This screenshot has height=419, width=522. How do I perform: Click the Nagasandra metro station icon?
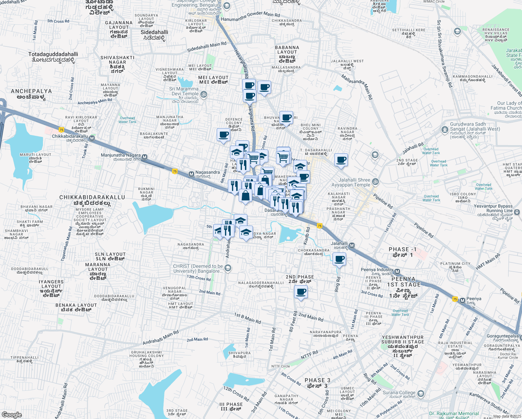pyautogui.click(x=191, y=174)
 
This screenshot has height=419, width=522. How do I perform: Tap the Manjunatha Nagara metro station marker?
pyautogui.click(x=144, y=157)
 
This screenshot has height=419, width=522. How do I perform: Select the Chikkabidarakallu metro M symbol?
pyautogui.click(x=92, y=138)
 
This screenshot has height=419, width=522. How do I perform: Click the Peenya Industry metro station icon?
pyautogui.click(x=397, y=271)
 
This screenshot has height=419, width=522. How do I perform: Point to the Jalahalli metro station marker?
pyautogui.click(x=352, y=245)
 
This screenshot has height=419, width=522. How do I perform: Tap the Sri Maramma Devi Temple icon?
pyautogui.click(x=204, y=94)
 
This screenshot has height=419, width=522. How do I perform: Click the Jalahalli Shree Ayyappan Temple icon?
pyautogui.click(x=375, y=182)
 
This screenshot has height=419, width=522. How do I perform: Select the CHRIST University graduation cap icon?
pyautogui.click(x=228, y=268)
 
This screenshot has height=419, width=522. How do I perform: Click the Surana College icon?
pyautogui.click(x=420, y=394)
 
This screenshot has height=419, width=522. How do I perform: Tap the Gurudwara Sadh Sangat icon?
pyautogui.click(x=445, y=130)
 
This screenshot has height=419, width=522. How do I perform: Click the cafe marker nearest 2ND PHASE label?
pyautogui.click(x=301, y=292)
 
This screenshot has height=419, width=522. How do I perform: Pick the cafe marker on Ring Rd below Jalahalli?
pyautogui.click(x=339, y=260)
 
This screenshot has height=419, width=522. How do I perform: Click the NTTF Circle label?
pyautogui.click(x=281, y=366)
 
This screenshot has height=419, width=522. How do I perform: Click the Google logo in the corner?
pyautogui.click(x=12, y=414)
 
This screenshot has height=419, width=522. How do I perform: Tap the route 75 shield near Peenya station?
pyautogui.click(x=455, y=299)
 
